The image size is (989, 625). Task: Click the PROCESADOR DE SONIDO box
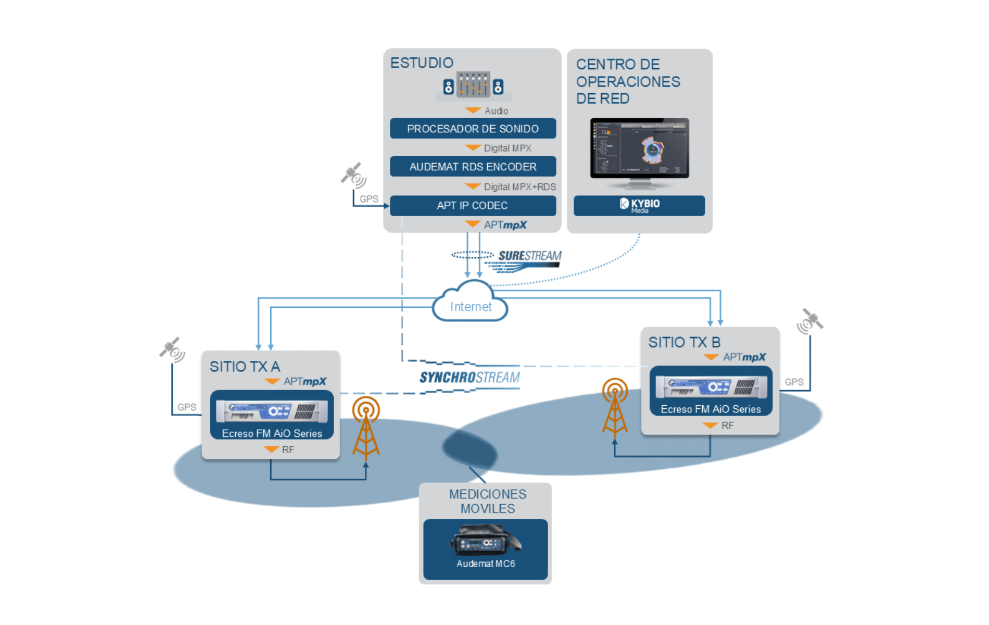(473, 129)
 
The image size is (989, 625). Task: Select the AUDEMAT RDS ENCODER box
(473, 167)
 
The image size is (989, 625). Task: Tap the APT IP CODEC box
(473, 206)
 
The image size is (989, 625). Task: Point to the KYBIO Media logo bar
(639, 206)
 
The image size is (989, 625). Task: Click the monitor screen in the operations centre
(640, 148)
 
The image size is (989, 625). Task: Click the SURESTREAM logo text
(529, 256)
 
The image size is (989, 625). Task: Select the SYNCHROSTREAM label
(470, 377)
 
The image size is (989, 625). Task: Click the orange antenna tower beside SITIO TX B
(615, 406)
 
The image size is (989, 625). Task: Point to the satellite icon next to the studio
(353, 175)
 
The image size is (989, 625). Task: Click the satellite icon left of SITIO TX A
(172, 349)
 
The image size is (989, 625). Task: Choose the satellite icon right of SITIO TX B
(810, 321)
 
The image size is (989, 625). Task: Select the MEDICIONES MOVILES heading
(487, 501)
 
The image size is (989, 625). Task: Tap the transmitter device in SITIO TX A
(272, 411)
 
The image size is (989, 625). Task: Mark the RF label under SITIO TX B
(727, 426)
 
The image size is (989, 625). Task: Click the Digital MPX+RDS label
(519, 187)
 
